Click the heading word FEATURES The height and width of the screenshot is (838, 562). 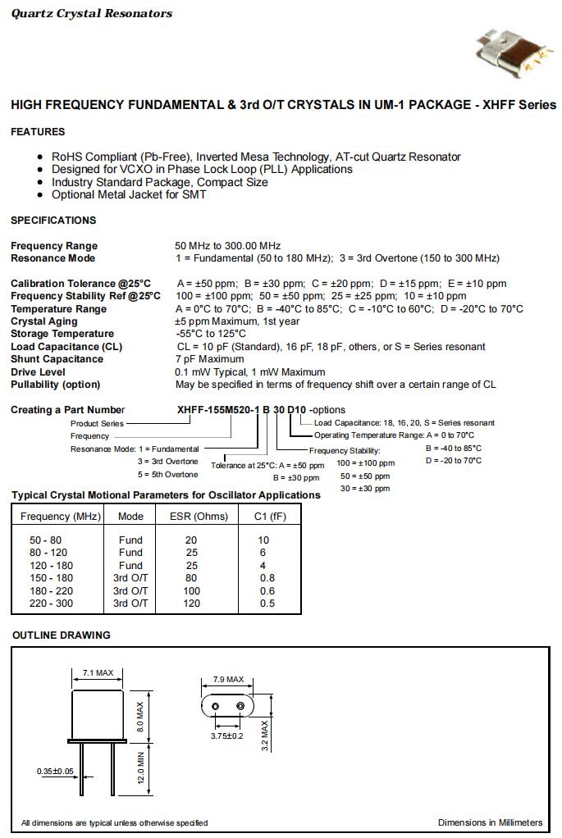[38, 132]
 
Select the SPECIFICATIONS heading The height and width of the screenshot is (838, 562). [53, 221]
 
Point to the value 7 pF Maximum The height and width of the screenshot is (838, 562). [209, 359]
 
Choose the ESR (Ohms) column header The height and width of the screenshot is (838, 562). [199, 517]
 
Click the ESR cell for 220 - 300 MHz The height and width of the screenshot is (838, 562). [191, 603]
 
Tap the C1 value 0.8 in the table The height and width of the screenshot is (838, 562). [267, 578]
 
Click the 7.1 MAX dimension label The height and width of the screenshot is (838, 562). [98, 673]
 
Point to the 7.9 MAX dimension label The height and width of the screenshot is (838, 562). [228, 680]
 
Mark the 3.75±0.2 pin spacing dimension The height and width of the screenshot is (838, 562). [227, 736]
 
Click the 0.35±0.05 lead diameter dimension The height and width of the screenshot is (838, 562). [55, 772]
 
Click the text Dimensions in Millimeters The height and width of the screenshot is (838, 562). [490, 822]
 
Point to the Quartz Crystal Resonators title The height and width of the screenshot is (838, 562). [92, 14]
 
